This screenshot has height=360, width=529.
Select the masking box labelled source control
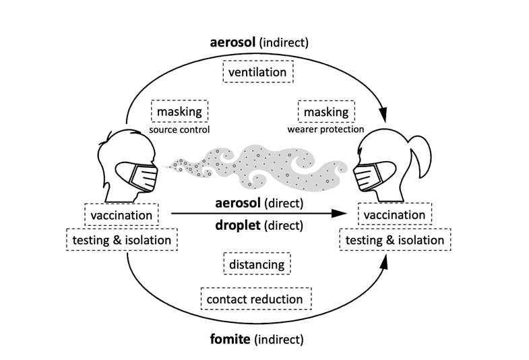tap(180, 111)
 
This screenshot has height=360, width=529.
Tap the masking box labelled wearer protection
tap(326, 111)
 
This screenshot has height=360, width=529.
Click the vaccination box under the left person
tap(122, 215)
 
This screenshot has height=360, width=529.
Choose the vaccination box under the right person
tap(394, 215)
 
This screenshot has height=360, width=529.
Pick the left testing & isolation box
tap(122, 239)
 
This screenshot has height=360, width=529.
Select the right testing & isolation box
tap(394, 239)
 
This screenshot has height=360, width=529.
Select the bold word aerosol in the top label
tap(232, 42)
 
